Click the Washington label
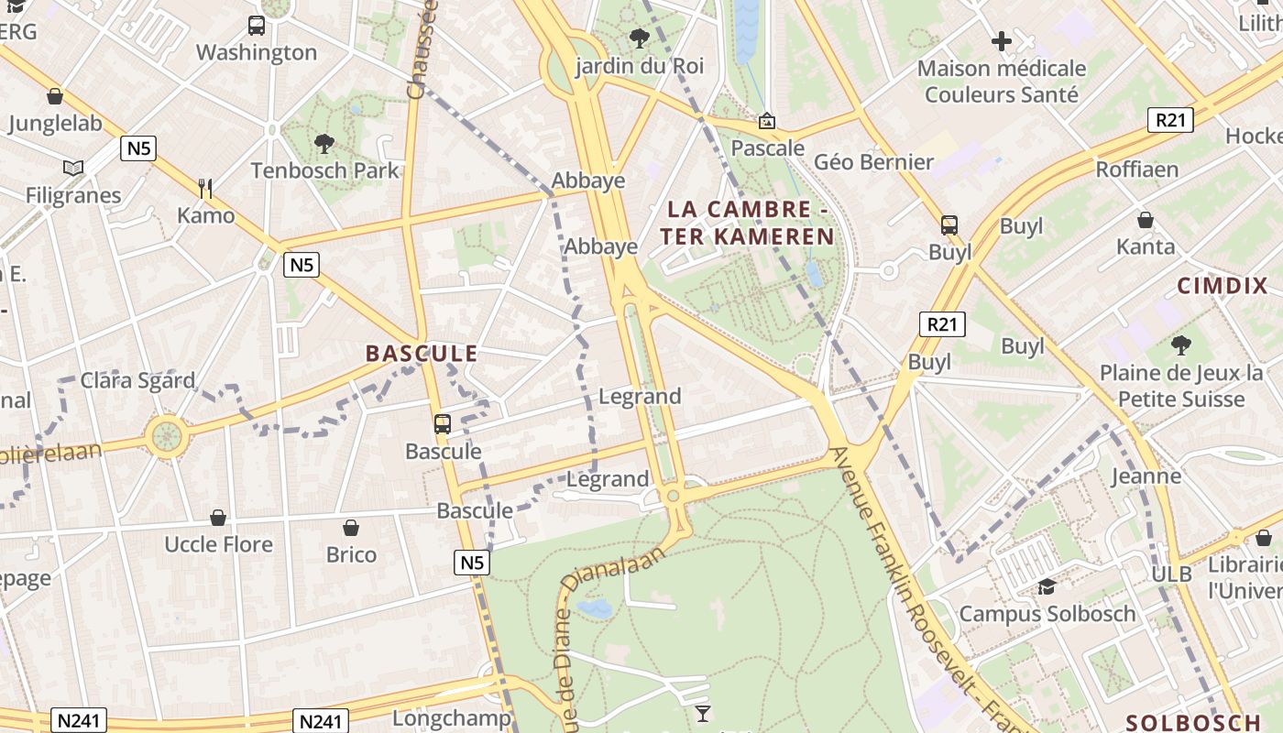pyautogui.click(x=257, y=52)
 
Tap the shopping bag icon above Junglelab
pyautogui.click(x=55, y=96)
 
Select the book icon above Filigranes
pyautogui.click(x=73, y=168)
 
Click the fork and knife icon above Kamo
pyautogui.click(x=205, y=189)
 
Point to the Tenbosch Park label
pyautogui.click(x=325, y=170)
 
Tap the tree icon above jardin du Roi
pyautogui.click(x=640, y=38)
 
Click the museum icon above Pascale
pyautogui.click(x=767, y=121)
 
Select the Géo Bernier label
pyautogui.click(x=873, y=162)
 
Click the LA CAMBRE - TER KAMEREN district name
pyautogui.click(x=747, y=223)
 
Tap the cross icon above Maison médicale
pyautogui.click(x=1002, y=41)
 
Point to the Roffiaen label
pyautogui.click(x=1136, y=170)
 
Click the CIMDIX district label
pyautogui.click(x=1223, y=286)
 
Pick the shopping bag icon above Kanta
pyautogui.click(x=1146, y=220)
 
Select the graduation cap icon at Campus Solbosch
pyautogui.click(x=1047, y=586)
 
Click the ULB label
pyautogui.click(x=1172, y=574)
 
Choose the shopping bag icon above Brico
pyautogui.click(x=351, y=528)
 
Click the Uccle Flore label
pyautogui.click(x=218, y=544)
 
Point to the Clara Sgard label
pyautogui.click(x=137, y=380)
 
